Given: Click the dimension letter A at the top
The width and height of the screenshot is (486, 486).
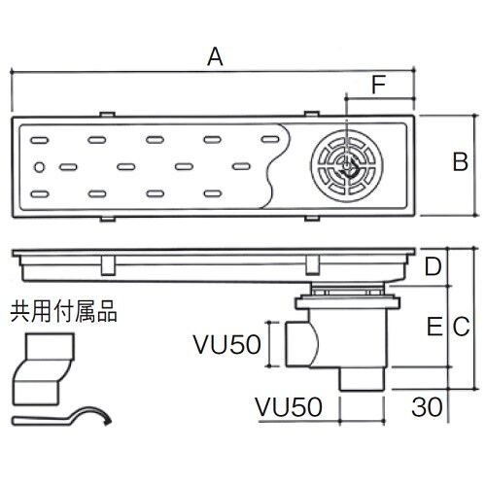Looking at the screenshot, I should click(216, 57).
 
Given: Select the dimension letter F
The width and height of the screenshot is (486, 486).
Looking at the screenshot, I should click(378, 86).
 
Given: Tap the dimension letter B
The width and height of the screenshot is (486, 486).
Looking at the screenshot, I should click(461, 161).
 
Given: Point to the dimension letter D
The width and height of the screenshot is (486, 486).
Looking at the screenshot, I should click(434, 265).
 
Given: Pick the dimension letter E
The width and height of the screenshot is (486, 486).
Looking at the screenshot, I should click(434, 329).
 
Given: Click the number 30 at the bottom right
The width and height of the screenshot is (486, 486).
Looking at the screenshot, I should click(421, 404).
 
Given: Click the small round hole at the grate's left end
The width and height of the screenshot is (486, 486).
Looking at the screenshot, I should click(39, 168).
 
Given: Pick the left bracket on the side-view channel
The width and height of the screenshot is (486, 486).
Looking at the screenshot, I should click(108, 265).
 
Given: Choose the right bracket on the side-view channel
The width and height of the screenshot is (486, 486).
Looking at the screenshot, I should click(312, 265).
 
